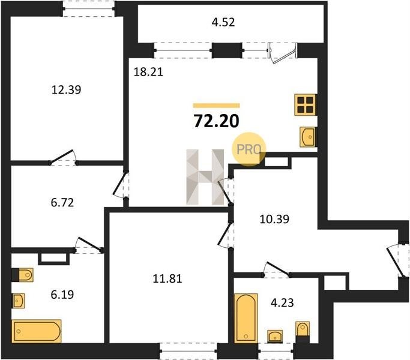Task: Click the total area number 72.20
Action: pyautogui.click(x=216, y=121)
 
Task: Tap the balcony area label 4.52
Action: pyautogui.click(x=223, y=22)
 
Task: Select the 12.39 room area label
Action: pyautogui.click(x=67, y=89)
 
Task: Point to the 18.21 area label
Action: pyautogui.click(x=148, y=71)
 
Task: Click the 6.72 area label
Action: pyautogui.click(x=62, y=202)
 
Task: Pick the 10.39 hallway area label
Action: pyautogui.click(x=274, y=219)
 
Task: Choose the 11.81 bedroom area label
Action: pyautogui.click(x=167, y=278)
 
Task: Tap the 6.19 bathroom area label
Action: pyautogui.click(x=62, y=295)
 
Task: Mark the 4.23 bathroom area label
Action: pyautogui.click(x=282, y=303)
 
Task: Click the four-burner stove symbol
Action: pyautogui.click(x=306, y=104)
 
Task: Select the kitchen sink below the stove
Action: pyautogui.click(x=307, y=137)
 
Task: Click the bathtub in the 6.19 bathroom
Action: pyautogui.click(x=37, y=331)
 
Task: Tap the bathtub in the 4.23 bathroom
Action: pyautogui.click(x=246, y=318)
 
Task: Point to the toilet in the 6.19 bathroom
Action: pyautogui.click(x=23, y=275)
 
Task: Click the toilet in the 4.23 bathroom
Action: pyautogui.click(x=303, y=332)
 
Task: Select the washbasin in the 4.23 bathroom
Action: pyautogui.click(x=275, y=335)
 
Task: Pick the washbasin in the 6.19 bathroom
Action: pyautogui.click(x=18, y=301)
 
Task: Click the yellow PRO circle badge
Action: pyautogui.click(x=249, y=149)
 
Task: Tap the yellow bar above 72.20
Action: pyautogui.click(x=217, y=106)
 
